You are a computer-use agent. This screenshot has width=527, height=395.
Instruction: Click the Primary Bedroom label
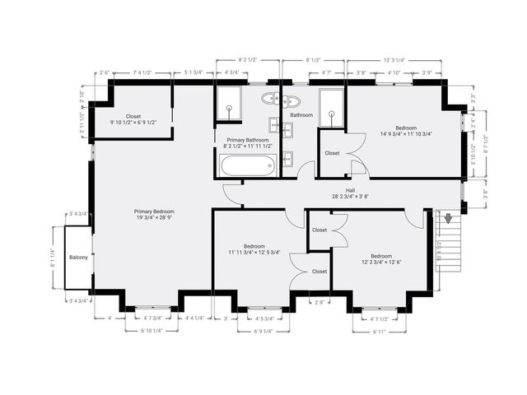[155, 211]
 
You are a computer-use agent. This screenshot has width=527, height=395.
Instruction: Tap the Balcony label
[78, 257]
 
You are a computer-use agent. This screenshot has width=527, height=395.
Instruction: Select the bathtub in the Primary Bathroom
[246, 167]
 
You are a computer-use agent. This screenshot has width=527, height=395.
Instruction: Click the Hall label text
[350, 190]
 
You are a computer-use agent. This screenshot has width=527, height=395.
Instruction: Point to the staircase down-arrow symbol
[449, 221]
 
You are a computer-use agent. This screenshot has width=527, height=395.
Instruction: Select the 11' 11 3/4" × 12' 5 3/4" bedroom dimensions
[254, 252]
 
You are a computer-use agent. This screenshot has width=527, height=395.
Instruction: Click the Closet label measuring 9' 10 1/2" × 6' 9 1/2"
[133, 123]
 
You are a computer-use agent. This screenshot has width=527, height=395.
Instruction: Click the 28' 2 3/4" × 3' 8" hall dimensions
[350, 197]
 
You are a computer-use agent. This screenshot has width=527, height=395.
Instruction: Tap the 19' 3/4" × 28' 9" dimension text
[155, 218]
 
